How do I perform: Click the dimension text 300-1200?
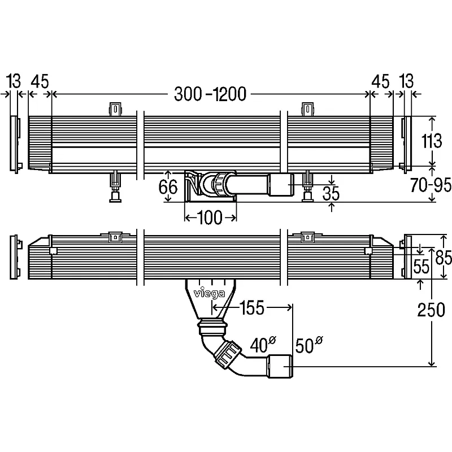tap(210, 94)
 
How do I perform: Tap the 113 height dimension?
tap(434, 141)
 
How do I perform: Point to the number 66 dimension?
tap(168, 187)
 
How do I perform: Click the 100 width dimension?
tap(211, 218)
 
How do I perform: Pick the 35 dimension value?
tap(332, 193)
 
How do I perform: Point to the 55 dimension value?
tap(421, 267)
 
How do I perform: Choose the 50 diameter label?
tap(308, 344)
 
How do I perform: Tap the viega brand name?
tap(209, 294)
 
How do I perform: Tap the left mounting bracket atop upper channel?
tap(115, 109)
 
